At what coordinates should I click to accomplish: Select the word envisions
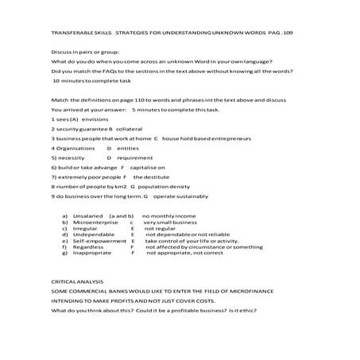pyautogui.click(x=95, y=118)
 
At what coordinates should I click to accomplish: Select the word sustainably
pyautogui.click(x=190, y=195)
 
